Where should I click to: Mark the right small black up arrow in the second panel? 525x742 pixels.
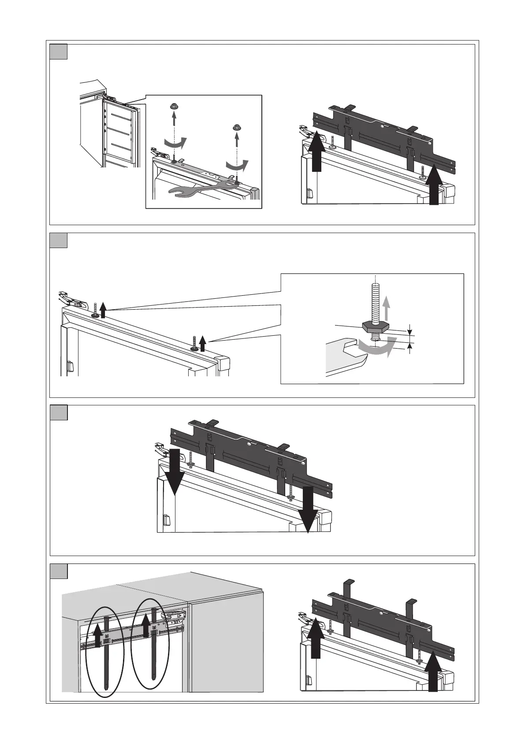(x=202, y=342)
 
